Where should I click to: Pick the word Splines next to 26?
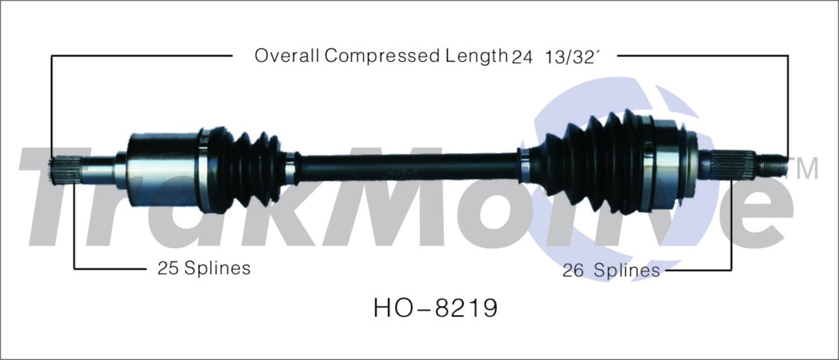tap(626, 271)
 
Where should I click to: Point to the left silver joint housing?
tap(163, 170)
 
